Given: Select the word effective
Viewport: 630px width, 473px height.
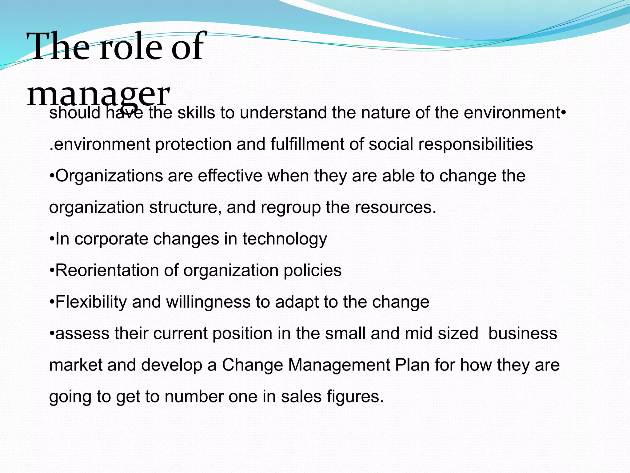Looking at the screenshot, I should pyautogui.click(x=230, y=176).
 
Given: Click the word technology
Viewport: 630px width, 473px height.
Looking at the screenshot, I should pyautogui.click(x=285, y=239).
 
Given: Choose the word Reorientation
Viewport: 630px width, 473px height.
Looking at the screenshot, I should pyautogui.click(x=107, y=270).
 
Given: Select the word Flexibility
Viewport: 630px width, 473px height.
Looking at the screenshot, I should pyautogui.click(x=91, y=302).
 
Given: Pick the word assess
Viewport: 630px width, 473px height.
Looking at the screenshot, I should pyautogui.click(x=82, y=334).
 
